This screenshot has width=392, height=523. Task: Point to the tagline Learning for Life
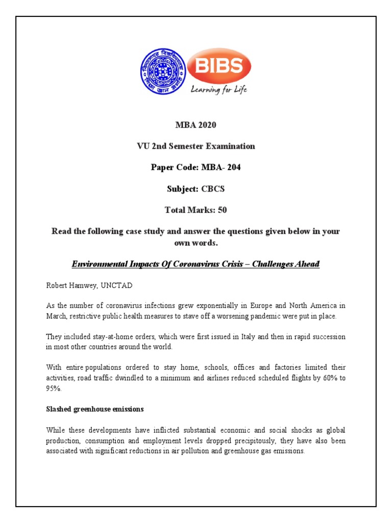coord(218,90)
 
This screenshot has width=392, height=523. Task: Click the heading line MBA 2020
coord(195,125)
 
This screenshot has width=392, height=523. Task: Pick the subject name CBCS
coord(213,189)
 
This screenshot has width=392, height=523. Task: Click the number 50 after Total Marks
coord(223,210)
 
